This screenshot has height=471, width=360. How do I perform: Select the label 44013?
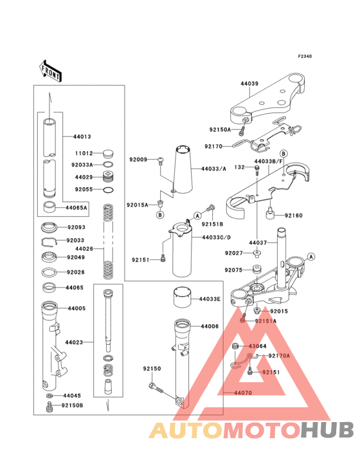coord(82,137)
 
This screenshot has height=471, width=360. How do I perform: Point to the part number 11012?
coord(84,154)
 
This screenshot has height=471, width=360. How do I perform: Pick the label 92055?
coord(84,189)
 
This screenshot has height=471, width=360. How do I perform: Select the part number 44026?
coord(84,248)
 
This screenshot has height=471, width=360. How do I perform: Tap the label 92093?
coord(76,227)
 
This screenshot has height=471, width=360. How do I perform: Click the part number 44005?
coord(76,309)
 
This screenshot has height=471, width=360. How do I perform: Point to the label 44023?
coord(74,342)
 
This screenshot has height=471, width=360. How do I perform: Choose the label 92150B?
coord(73,406)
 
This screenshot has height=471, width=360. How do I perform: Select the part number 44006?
coord(210,327)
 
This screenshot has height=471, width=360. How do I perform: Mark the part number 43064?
coord(257,347)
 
